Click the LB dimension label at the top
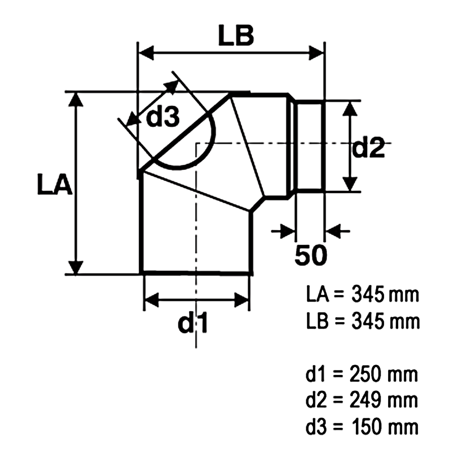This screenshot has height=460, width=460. coord(236,36)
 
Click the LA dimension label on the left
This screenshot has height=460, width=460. coord(55,184)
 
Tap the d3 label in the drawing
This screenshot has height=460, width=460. coord(163,117)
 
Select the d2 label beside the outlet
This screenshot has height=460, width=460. coord(368,148)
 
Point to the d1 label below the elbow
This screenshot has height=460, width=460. coord(193,322)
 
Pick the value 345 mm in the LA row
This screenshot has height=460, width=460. coord(385,294)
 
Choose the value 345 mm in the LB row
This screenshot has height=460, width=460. coord(385,322)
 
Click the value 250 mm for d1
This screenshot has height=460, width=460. coord(384,374)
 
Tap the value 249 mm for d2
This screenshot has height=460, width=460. coord(384,400)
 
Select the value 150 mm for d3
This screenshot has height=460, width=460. coord(385,427)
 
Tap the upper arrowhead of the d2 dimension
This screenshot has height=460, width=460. coord(350,109)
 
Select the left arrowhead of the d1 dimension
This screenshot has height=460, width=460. coord(151,300)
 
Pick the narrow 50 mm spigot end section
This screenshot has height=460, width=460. coord(309,146)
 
